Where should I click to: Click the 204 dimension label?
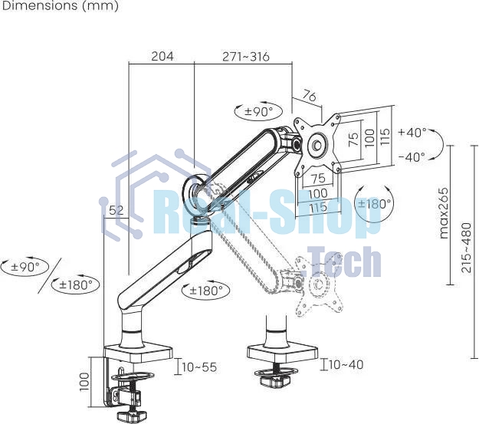pyautogui.click(x=162, y=56)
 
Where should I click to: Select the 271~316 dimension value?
pyautogui.click(x=246, y=57)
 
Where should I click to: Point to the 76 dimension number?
pyautogui.click(x=309, y=97)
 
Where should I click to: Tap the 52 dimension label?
pyautogui.click(x=116, y=210)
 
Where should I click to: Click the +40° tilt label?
pyautogui.click(x=412, y=133)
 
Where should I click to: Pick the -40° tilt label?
pyautogui.click(x=412, y=157)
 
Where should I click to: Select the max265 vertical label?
pyautogui.click(x=444, y=213)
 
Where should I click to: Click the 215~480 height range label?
pyautogui.click(x=467, y=248)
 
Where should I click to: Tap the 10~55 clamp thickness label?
pyautogui.click(x=199, y=367)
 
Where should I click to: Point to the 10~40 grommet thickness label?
pyautogui.click(x=346, y=364)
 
